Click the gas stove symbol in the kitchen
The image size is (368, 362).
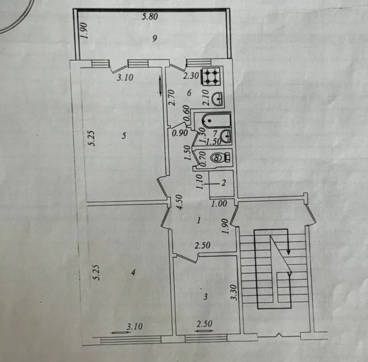(210, 76)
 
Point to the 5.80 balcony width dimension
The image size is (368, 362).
(150, 17)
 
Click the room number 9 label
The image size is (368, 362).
(155, 38)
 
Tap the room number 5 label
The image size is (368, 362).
(124, 135)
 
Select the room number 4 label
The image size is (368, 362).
(133, 273)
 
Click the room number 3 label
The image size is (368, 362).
(206, 297)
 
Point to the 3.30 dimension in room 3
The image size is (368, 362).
(234, 292)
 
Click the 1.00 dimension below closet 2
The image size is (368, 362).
(219, 204)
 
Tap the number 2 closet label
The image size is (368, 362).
(223, 182)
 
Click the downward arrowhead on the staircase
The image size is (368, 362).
(289, 252)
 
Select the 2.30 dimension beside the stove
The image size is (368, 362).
(191, 76)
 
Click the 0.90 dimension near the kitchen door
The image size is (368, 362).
(180, 133)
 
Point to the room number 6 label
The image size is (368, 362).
(189, 93)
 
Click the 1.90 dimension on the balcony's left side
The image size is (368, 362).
(84, 30)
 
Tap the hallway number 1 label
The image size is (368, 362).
(199, 220)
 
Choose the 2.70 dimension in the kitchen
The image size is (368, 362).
(172, 98)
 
